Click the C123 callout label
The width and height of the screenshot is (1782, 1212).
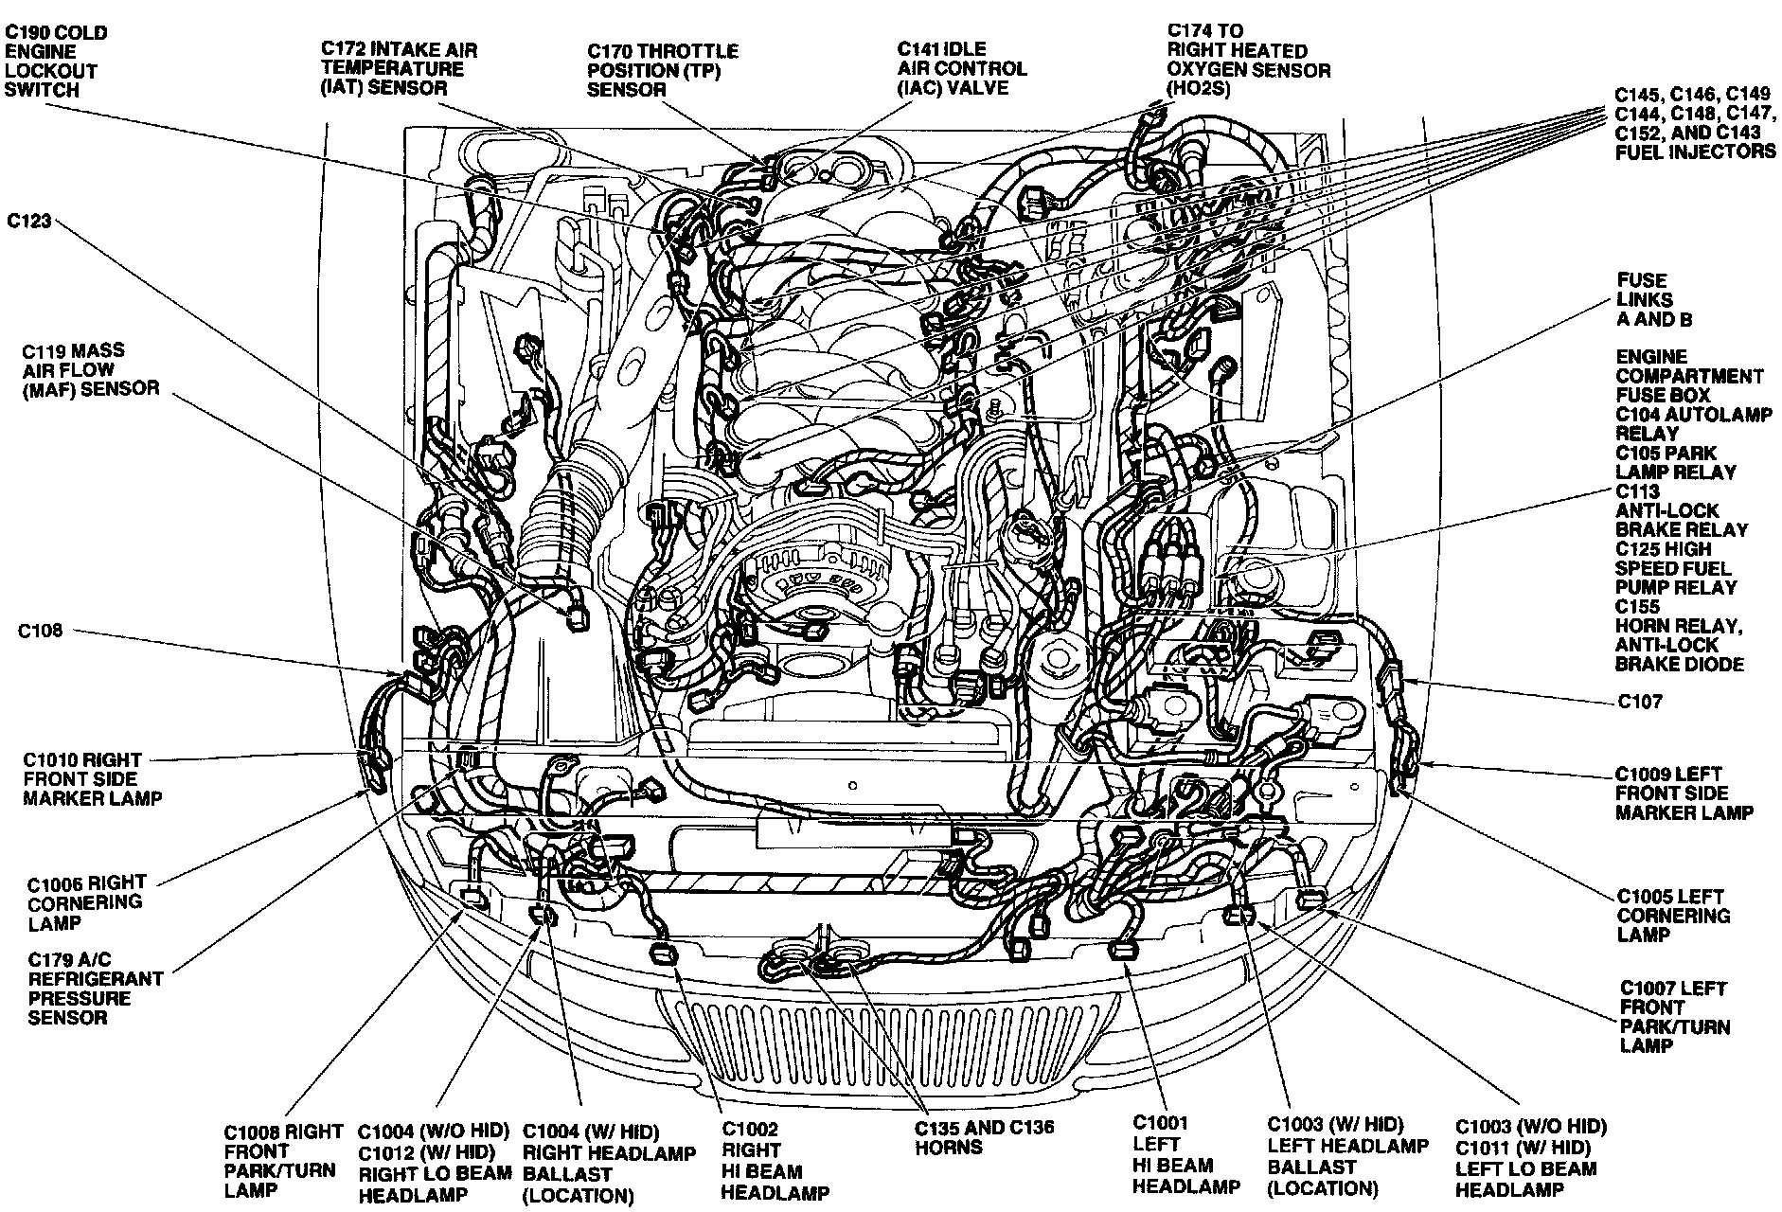point(28,222)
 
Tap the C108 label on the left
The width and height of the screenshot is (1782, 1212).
point(40,631)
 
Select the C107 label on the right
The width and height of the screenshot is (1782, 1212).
point(1639,702)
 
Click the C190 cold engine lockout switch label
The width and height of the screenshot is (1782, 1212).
point(56,62)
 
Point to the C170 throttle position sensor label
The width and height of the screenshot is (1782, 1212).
point(662,70)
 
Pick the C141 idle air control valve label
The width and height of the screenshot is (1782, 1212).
point(962,68)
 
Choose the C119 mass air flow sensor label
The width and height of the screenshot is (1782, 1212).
point(90,369)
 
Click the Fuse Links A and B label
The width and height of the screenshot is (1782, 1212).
point(1653,300)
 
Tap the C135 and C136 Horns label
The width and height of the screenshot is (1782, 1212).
point(984,1137)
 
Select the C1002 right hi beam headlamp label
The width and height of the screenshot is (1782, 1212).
point(775,1161)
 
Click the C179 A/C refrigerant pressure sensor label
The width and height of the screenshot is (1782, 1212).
point(95,989)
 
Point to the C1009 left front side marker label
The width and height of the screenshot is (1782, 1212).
point(1683,793)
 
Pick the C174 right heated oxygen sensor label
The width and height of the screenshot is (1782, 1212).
point(1247,61)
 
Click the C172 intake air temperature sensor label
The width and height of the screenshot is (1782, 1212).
point(398,68)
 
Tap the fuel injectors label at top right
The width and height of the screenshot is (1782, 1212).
point(1694,123)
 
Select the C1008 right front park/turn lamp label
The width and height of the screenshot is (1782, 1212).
point(283,1161)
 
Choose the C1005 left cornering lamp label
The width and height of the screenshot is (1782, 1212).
point(1672,915)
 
